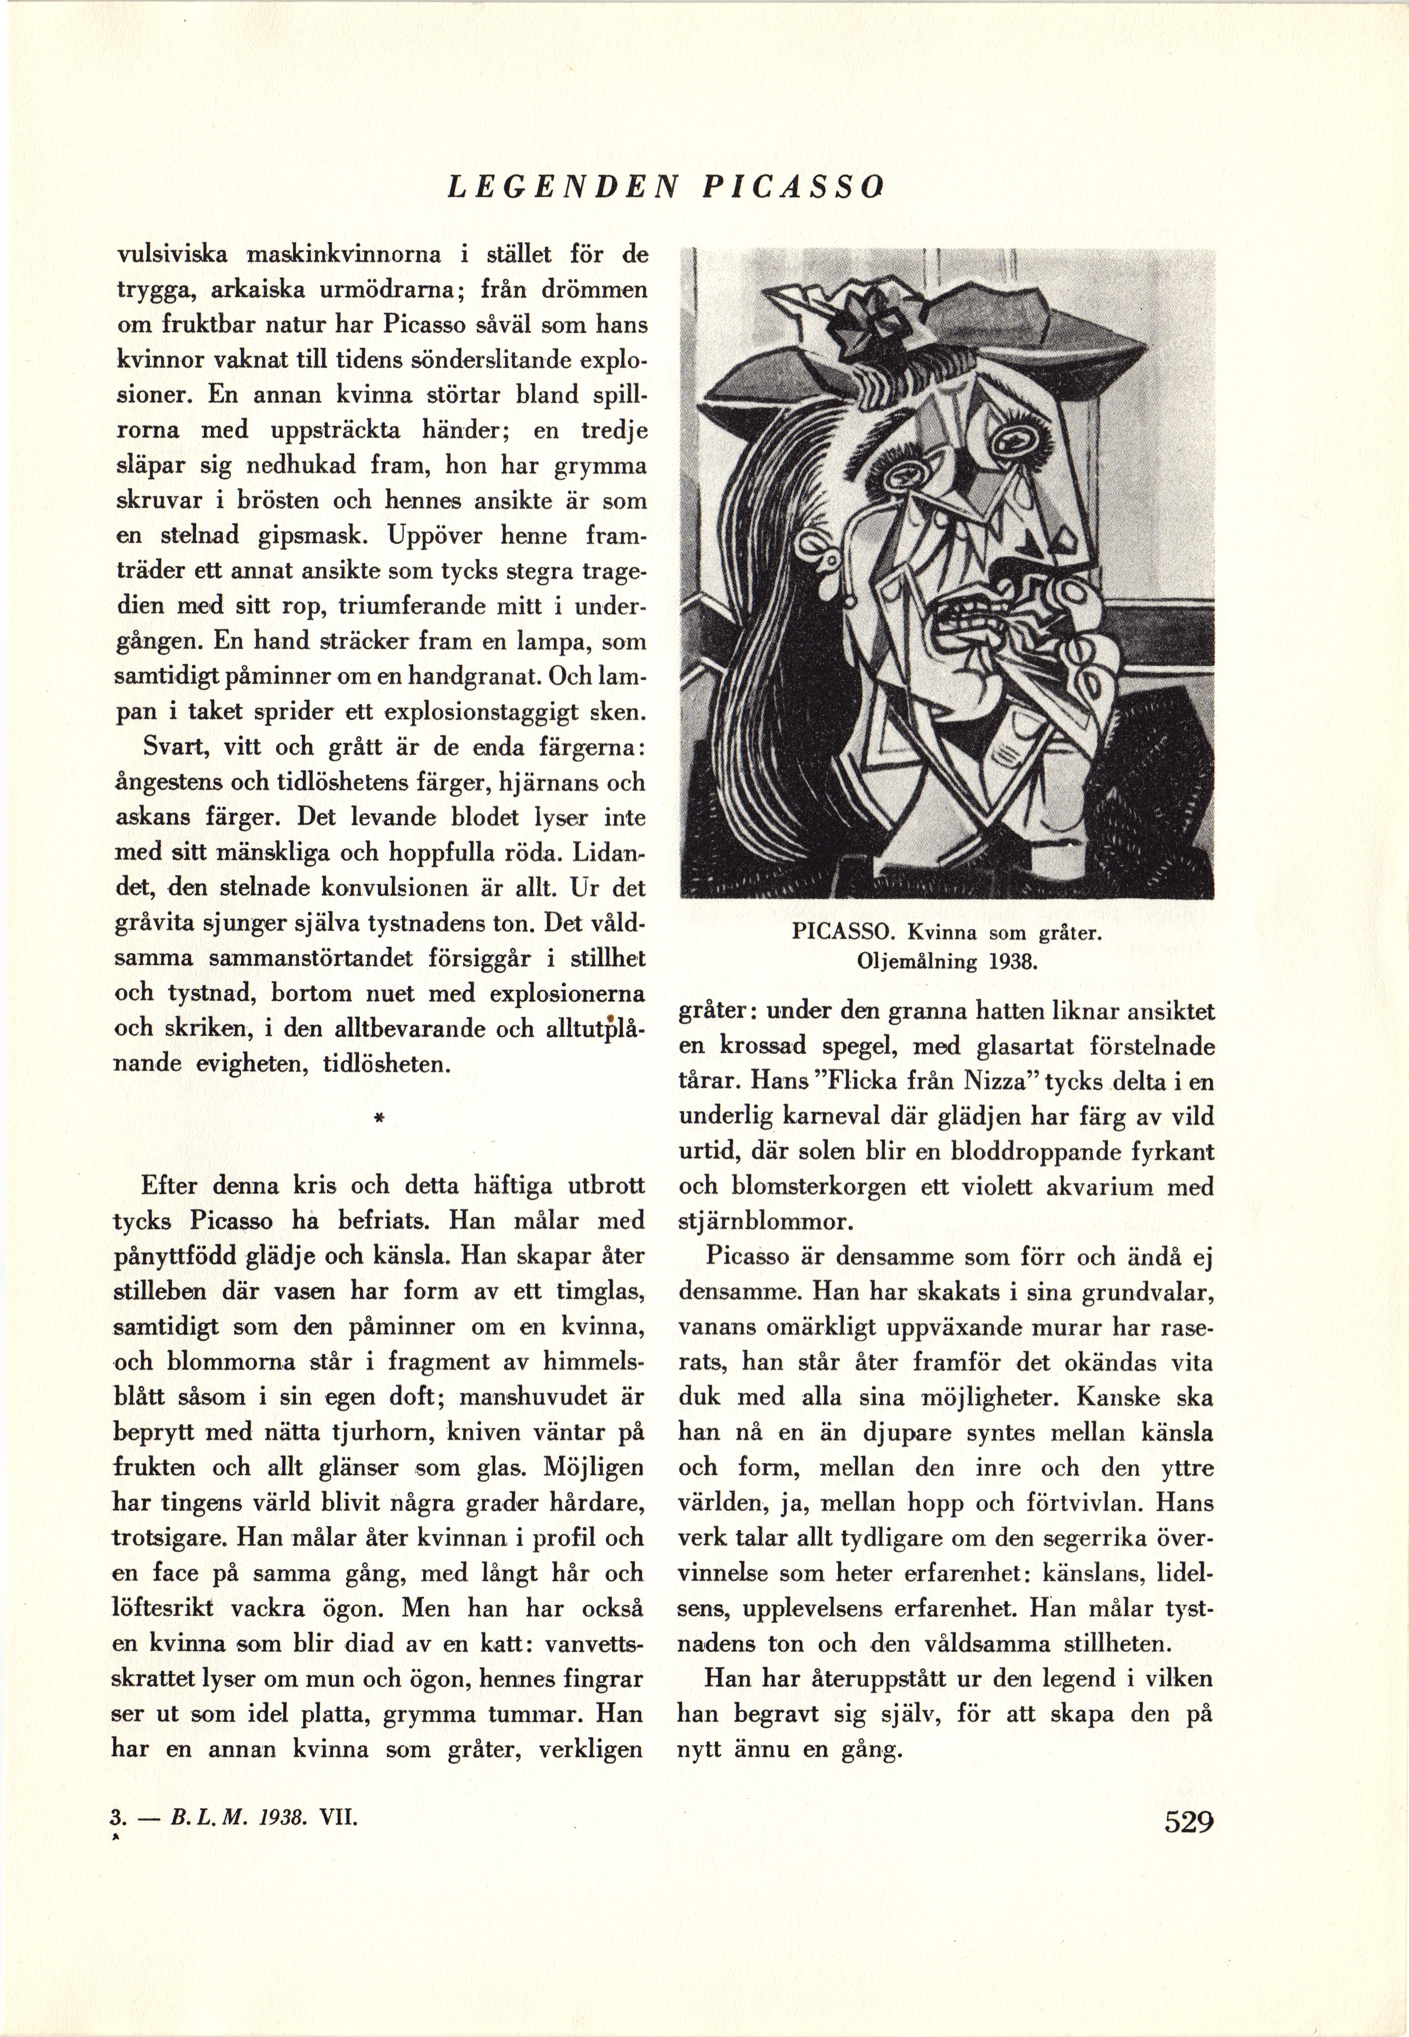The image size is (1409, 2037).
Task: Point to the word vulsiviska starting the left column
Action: pos(173,255)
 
